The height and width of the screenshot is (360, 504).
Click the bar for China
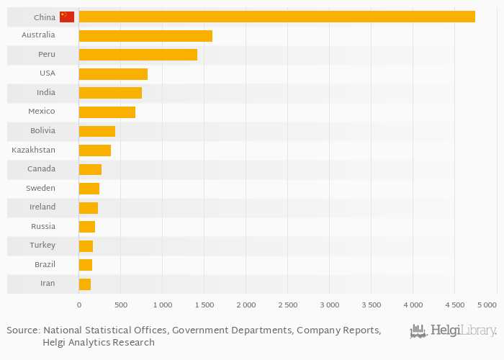tap(276, 17)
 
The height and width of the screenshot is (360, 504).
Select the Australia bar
tap(145, 35)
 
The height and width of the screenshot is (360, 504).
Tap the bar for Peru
tap(138, 55)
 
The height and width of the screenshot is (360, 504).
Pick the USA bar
tap(113, 73)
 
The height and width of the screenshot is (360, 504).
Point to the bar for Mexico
tap(107, 112)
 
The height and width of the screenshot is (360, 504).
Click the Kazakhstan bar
tap(94, 150)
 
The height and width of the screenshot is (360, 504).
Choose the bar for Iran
tap(84, 284)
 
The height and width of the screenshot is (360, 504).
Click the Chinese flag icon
tap(67, 17)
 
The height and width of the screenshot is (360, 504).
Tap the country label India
tap(45, 93)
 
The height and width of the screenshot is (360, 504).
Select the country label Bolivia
tap(42, 131)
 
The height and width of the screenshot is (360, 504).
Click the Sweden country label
tap(40, 188)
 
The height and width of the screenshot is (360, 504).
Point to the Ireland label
tap(42, 207)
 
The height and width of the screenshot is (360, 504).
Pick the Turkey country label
tap(42, 246)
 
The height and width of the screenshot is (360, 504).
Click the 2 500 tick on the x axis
tap(287, 305)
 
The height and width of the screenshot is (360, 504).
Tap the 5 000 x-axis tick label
tap(487, 305)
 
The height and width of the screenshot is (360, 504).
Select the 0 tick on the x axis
tap(79, 305)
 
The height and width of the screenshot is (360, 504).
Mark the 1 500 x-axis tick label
tap(204, 305)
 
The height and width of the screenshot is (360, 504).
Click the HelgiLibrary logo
tap(453, 331)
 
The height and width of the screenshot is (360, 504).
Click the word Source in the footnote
tap(22, 330)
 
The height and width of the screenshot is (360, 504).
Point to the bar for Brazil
tap(85, 264)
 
